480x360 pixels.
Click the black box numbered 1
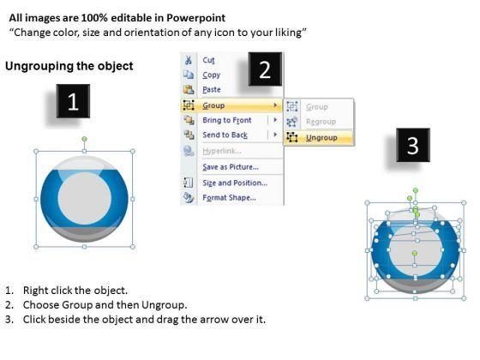(x=73, y=101)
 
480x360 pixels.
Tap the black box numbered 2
(x=265, y=69)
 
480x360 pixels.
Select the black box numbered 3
(x=413, y=145)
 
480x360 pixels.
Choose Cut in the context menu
(x=208, y=60)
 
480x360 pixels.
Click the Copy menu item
(x=211, y=75)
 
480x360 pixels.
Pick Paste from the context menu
(x=212, y=90)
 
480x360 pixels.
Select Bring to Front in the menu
(x=227, y=120)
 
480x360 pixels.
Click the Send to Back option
(x=225, y=135)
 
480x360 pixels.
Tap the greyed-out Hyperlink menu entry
(x=222, y=151)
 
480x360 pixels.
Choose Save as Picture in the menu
(x=231, y=167)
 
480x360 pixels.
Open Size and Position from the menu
(x=235, y=183)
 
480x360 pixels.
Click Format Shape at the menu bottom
(x=230, y=198)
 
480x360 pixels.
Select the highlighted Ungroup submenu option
(x=321, y=138)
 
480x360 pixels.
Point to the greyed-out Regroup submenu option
(x=321, y=122)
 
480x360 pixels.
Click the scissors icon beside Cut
(x=189, y=60)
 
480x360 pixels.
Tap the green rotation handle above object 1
(x=85, y=139)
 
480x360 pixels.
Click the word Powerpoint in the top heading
(x=196, y=18)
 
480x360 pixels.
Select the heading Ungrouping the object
(x=69, y=66)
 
